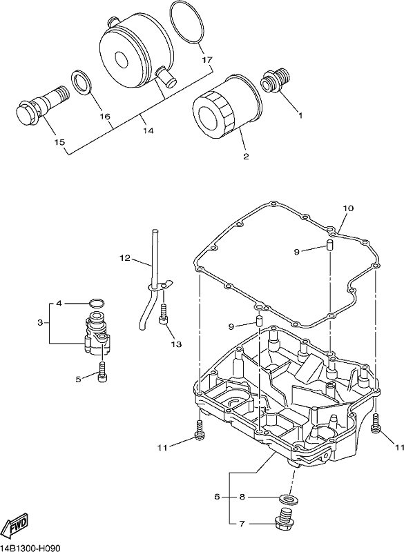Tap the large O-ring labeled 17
[188, 23]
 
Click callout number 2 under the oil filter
[245, 157]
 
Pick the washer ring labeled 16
[82, 83]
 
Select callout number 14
[148, 130]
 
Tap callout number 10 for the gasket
[348, 208]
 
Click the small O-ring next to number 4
[97, 303]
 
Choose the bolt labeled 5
[102, 371]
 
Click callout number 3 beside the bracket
[40, 322]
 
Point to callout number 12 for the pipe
[125, 258]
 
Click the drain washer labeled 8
[286, 498]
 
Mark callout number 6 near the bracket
[217, 497]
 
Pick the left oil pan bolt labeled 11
[200, 430]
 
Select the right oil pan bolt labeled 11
[376, 422]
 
